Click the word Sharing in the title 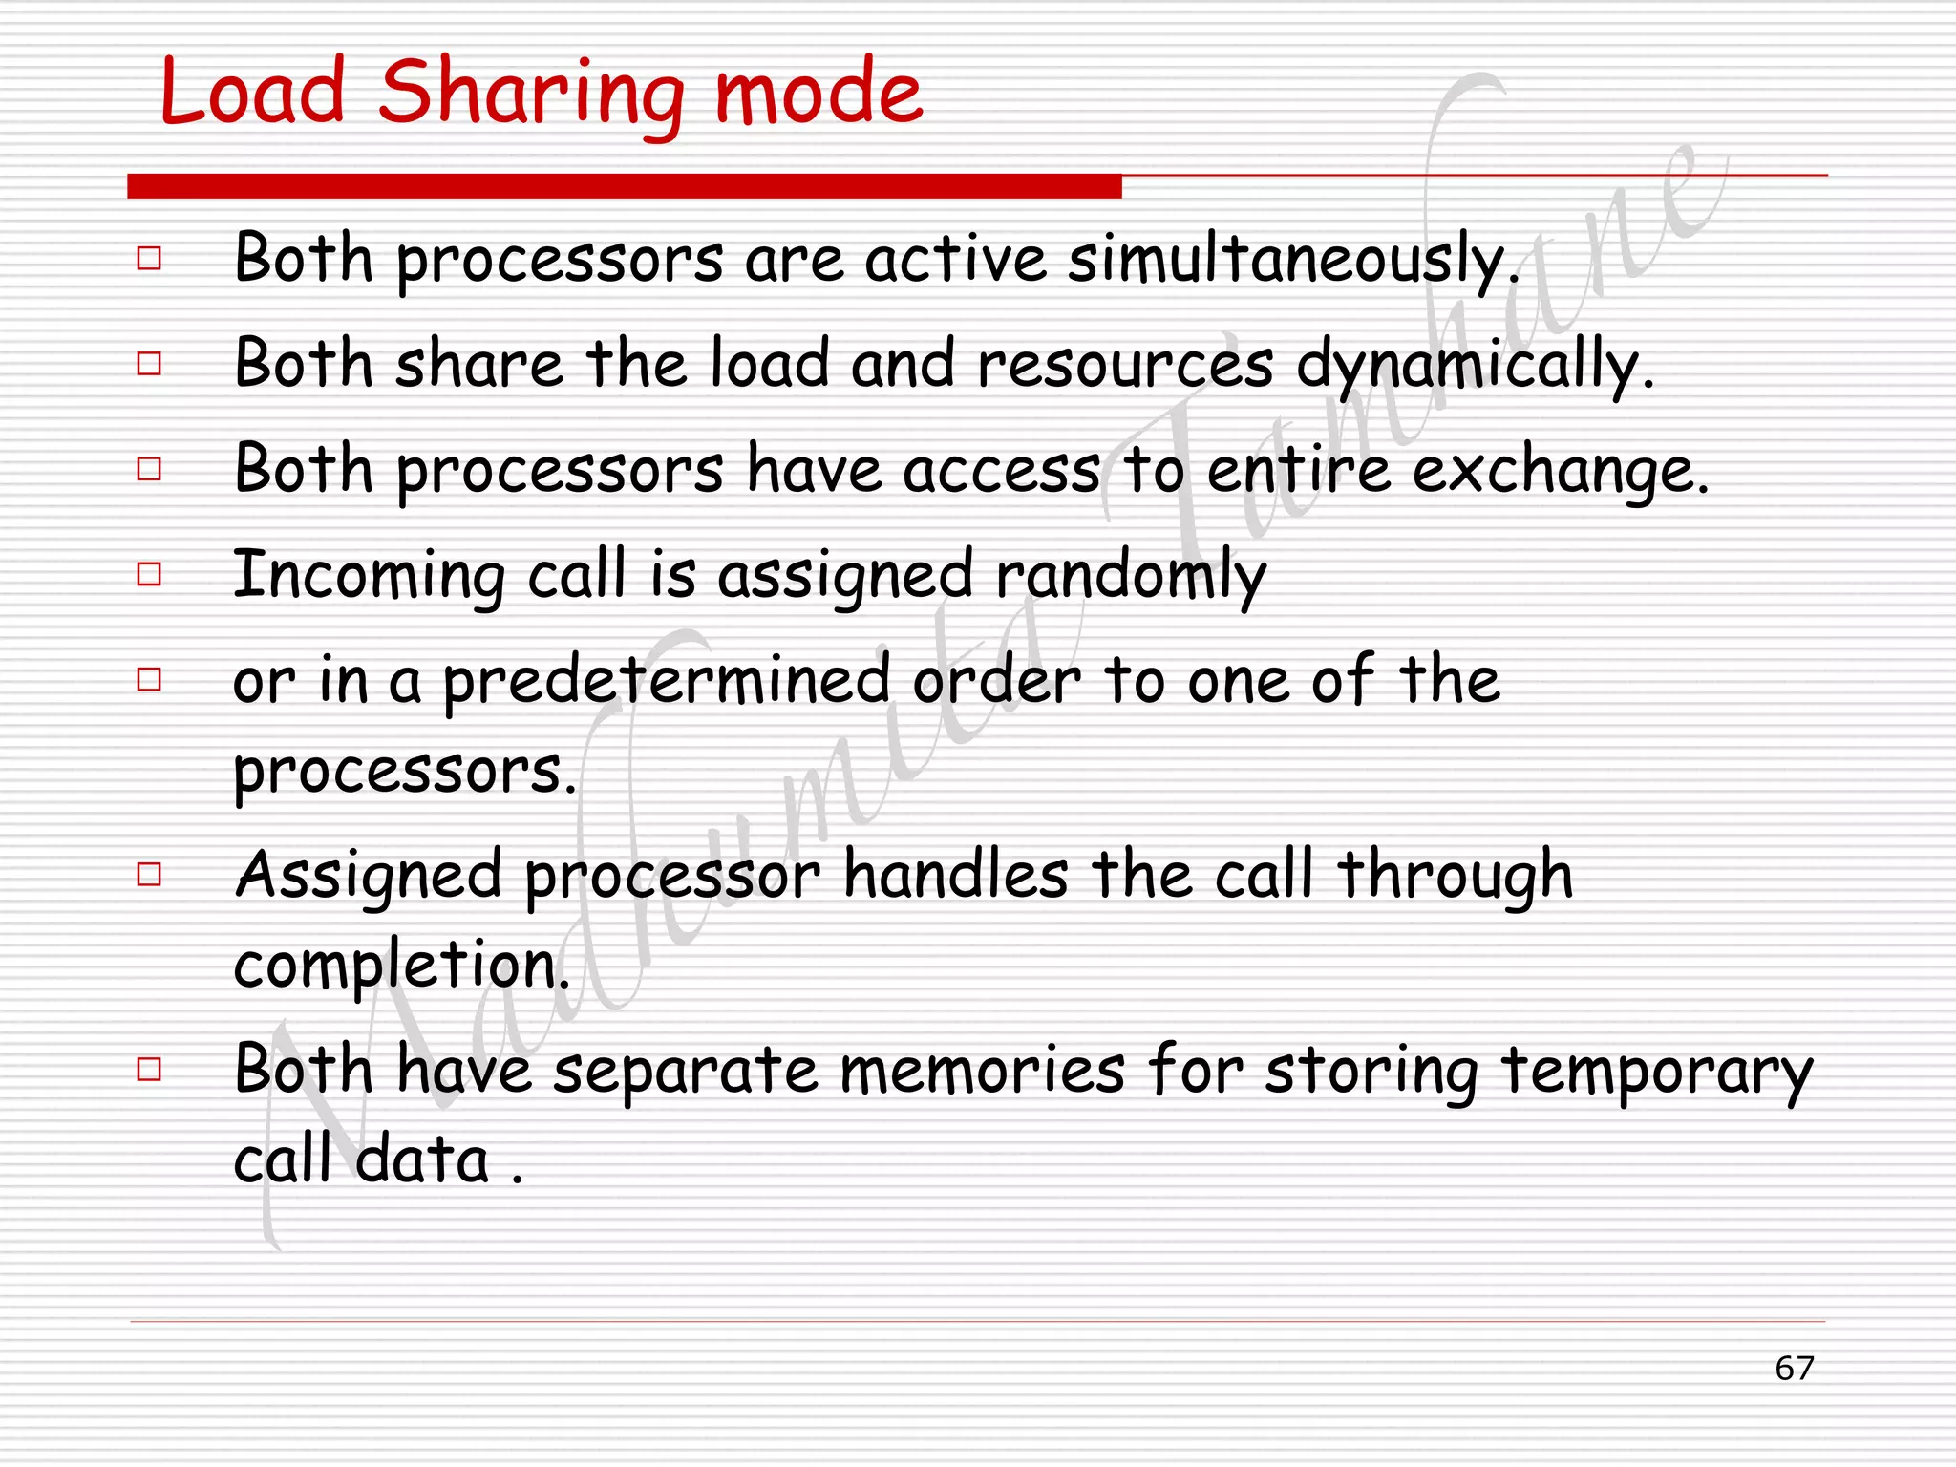tap(531, 93)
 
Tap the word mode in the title tap(819, 93)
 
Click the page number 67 tap(1794, 1368)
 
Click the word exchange tap(1560, 471)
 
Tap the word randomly tap(1131, 576)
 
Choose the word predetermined tap(667, 682)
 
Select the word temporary tap(1656, 1072)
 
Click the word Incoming tap(369, 576)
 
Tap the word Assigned tap(369, 876)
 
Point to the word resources tap(1125, 366)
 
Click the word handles tap(955, 876)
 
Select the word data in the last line tap(422, 1159)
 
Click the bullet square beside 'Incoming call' tap(149, 574)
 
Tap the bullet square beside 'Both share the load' tap(149, 363)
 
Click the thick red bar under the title tap(624, 186)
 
